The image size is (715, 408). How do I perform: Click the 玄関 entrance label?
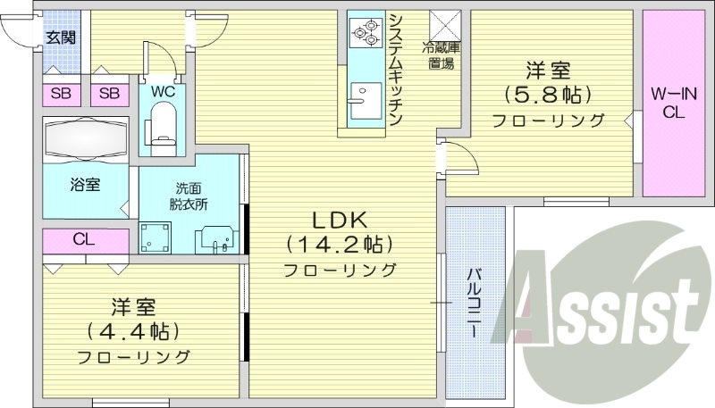pos(62,37)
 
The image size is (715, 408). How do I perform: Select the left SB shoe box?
pos(62,94)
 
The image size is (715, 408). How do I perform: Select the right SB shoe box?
pos(109,94)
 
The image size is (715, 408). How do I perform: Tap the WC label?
pos(162,91)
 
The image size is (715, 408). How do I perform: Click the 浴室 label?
pos(86,185)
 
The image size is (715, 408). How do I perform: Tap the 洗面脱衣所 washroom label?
pos(189,195)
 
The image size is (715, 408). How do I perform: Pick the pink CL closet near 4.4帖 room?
pos(86,240)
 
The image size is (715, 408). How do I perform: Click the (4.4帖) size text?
pos(133,331)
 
